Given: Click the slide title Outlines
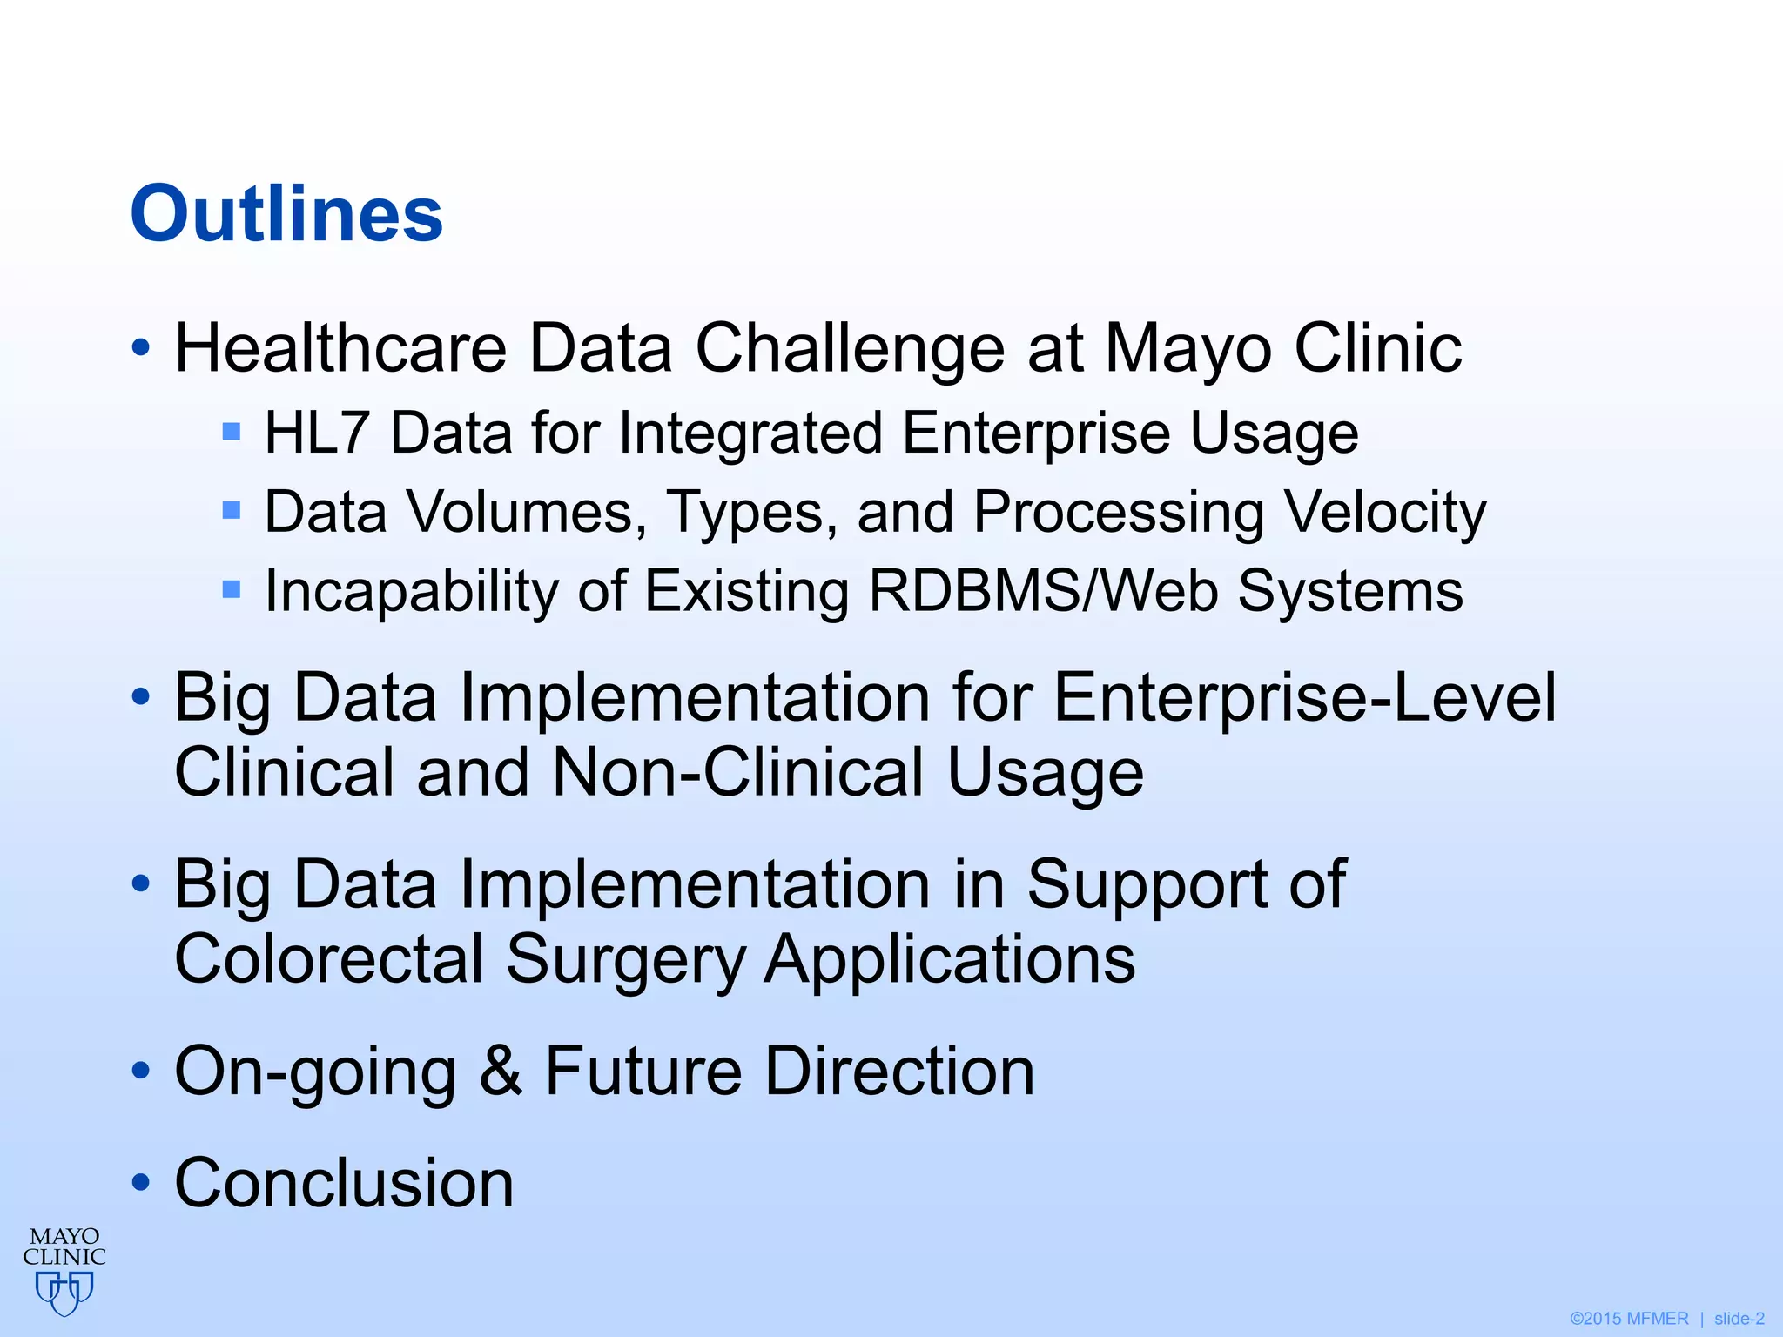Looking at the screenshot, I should (x=286, y=214).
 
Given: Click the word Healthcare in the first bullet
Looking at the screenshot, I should (x=340, y=348).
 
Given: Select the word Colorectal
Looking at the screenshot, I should (x=328, y=959).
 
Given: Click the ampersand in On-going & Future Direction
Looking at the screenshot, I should (x=501, y=1071).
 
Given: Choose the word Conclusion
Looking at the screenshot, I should (x=344, y=1183).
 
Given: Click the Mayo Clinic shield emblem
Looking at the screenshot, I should (x=64, y=1292).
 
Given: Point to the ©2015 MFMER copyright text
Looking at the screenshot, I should (x=1628, y=1319).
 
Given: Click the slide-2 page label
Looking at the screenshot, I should (x=1739, y=1319).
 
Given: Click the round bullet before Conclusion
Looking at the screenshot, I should (x=140, y=1184).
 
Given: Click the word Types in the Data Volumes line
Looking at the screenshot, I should (x=744, y=514).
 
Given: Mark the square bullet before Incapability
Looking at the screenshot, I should (x=231, y=590).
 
